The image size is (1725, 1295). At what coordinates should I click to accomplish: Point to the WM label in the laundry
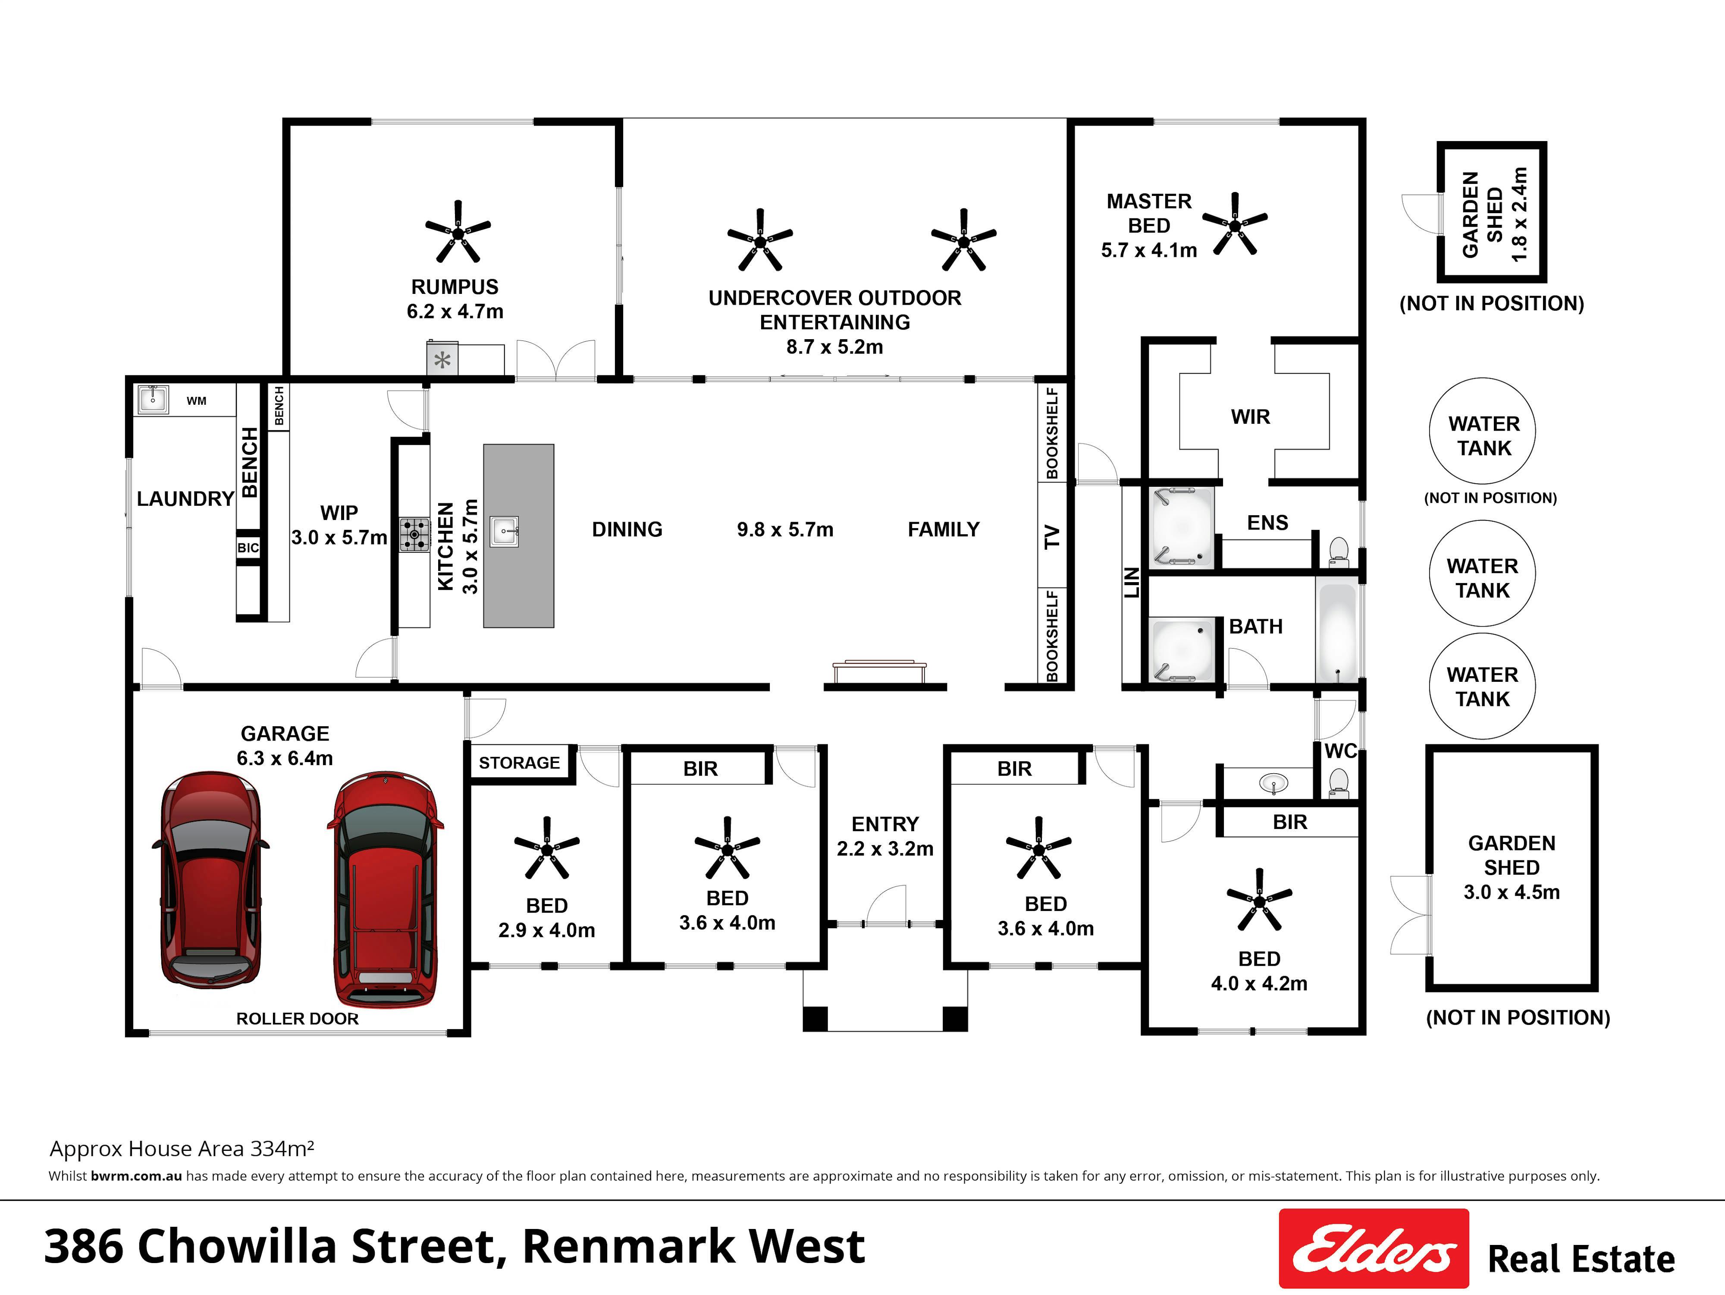(x=197, y=401)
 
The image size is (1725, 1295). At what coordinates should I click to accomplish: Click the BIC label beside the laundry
(x=248, y=548)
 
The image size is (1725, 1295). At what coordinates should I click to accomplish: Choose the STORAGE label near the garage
(x=519, y=763)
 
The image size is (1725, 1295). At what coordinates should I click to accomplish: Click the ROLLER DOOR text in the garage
(x=297, y=1019)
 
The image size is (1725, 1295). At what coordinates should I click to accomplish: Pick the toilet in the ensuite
(x=1339, y=551)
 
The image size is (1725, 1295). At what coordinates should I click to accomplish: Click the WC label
(x=1340, y=751)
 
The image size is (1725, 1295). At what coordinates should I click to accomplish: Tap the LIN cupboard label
(x=1132, y=583)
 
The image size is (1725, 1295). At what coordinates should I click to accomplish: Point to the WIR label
(x=1250, y=417)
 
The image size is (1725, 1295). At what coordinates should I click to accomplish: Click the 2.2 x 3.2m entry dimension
(x=885, y=849)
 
